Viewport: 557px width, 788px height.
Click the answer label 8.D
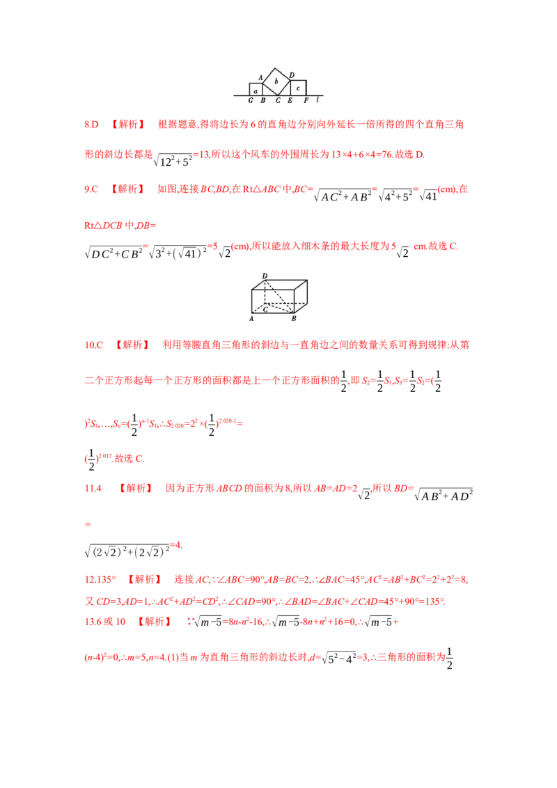pyautogui.click(x=91, y=124)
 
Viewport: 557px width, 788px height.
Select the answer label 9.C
pyautogui.click(x=91, y=189)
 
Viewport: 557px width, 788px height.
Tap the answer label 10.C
pyautogui.click(x=93, y=345)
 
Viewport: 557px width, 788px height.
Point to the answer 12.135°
pyautogui.click(x=100, y=579)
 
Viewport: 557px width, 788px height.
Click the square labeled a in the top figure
pyautogui.click(x=256, y=90)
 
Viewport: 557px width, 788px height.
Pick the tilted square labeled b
pyautogui.click(x=276, y=81)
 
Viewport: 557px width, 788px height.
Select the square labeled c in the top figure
pyautogui.click(x=298, y=88)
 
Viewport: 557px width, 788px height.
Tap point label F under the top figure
pyautogui.click(x=306, y=101)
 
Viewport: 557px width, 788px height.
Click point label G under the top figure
pyautogui.click(x=251, y=101)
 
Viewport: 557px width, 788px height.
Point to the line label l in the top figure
pyautogui.click(x=317, y=100)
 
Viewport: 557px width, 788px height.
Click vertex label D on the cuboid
pyautogui.click(x=265, y=276)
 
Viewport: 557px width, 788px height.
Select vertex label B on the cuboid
pyautogui.click(x=294, y=318)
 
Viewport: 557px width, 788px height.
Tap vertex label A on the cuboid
pyautogui.click(x=251, y=318)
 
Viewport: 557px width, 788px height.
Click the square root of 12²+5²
pyautogui.click(x=173, y=160)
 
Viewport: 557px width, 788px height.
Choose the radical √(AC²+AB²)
pyautogui.click(x=343, y=196)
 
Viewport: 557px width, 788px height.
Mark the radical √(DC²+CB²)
pyautogui.click(x=113, y=253)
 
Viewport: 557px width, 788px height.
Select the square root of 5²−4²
pyautogui.click(x=339, y=657)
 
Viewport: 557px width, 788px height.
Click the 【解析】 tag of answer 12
pyautogui.click(x=145, y=579)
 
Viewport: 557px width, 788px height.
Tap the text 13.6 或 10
pyautogui.click(x=104, y=622)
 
